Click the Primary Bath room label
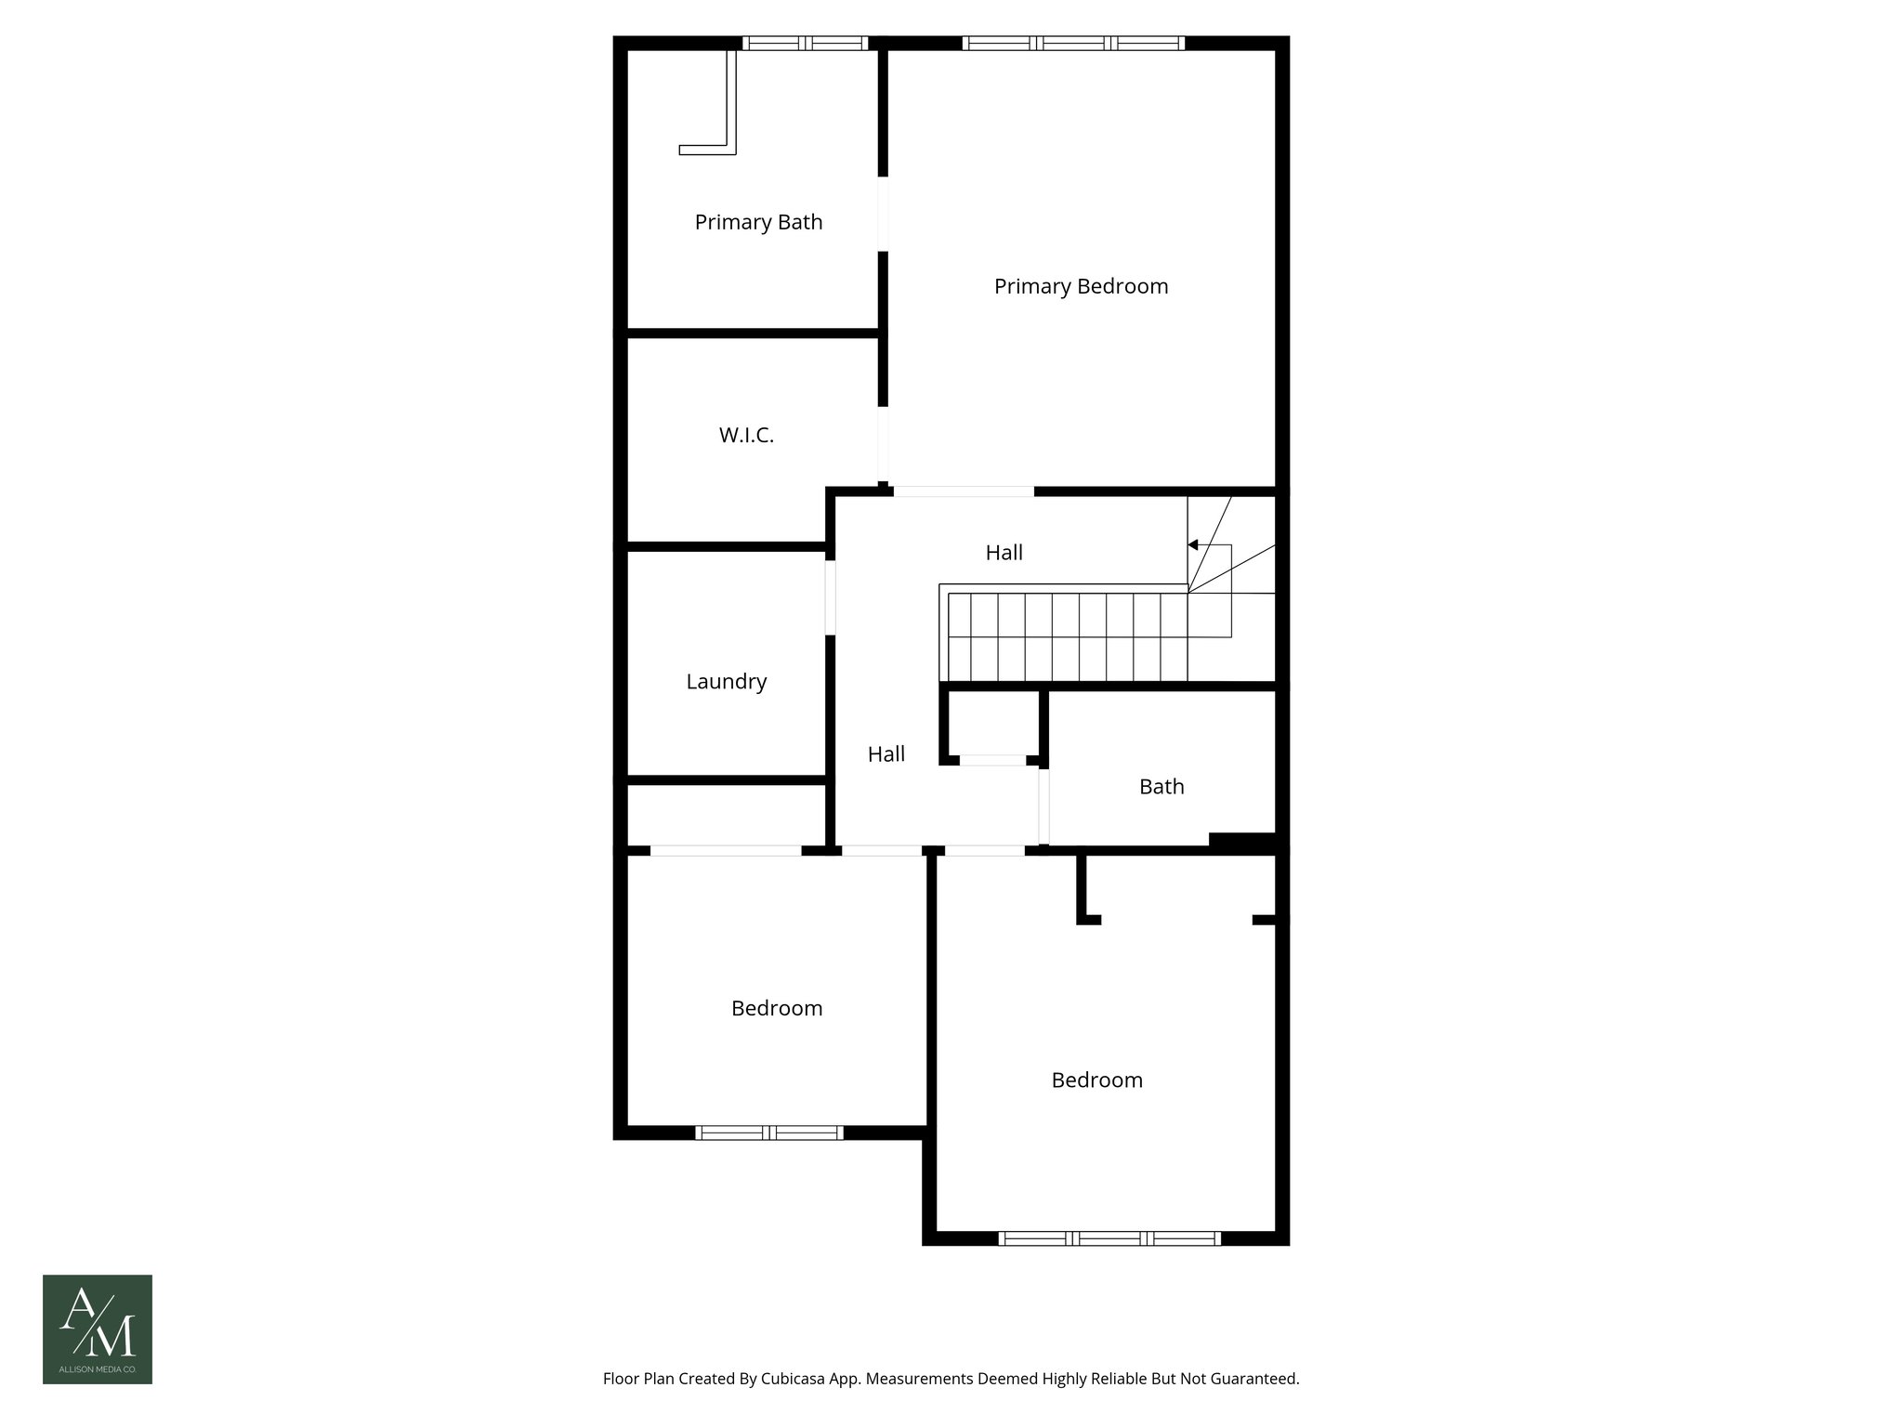pos(758,222)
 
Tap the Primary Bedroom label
pos(1081,286)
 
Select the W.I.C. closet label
pos(746,435)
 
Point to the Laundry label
pos(726,681)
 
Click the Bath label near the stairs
pos(1161,787)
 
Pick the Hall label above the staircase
pos(1004,553)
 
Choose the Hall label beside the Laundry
pos(886,754)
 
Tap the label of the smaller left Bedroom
pos(777,1008)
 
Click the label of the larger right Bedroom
pos(1096,1080)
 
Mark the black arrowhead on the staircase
pos(1193,544)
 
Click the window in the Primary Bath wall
pos(805,43)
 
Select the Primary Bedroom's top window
pos(1073,43)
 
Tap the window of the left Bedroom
pos(769,1132)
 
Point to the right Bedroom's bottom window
pos(1109,1237)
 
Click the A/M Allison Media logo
pos(98,1329)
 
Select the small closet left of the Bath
pos(992,725)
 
